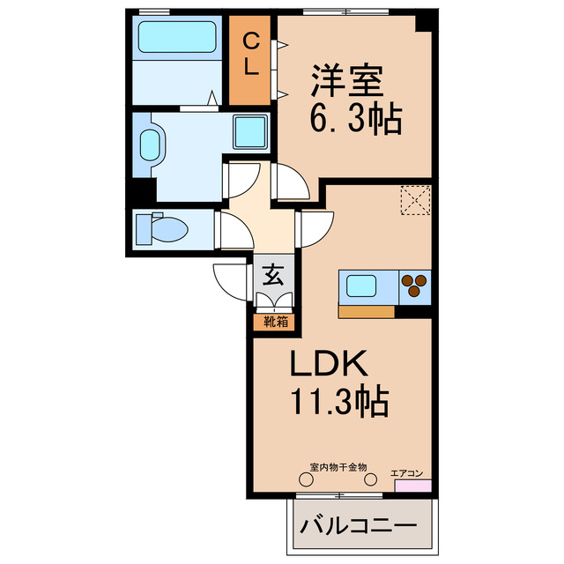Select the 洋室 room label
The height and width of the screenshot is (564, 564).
346,82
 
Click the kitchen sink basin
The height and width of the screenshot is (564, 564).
363,286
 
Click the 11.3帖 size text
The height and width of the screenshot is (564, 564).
338,403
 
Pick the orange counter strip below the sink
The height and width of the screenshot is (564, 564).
366,310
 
